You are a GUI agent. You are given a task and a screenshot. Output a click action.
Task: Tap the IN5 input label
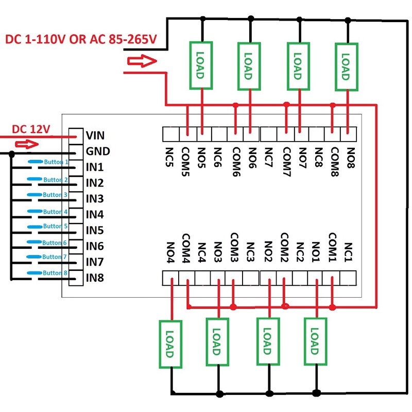pyautogui.click(x=94, y=230)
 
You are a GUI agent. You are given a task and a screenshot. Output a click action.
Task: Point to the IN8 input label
pyautogui.click(x=94, y=278)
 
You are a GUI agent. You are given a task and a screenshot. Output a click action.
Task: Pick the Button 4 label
pyautogui.click(x=55, y=212)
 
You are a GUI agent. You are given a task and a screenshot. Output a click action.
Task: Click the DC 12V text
pyautogui.click(x=31, y=129)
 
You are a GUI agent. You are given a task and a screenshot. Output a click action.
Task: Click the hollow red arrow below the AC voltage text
pyautogui.click(x=141, y=62)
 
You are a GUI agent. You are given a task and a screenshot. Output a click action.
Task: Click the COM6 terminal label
pyautogui.click(x=236, y=161)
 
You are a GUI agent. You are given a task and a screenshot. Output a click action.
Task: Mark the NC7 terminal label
pyautogui.click(x=268, y=157)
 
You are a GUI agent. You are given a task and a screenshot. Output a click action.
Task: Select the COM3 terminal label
pyautogui.click(x=234, y=246)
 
